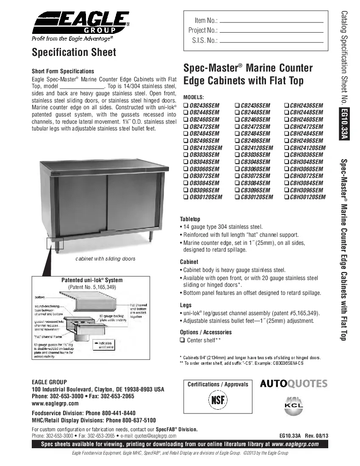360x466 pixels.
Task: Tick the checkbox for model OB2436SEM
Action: (x=186, y=105)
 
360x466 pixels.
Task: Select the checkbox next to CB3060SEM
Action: (x=236, y=169)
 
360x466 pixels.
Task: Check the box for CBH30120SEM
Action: (x=287, y=197)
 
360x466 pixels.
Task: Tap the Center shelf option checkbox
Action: (x=183, y=341)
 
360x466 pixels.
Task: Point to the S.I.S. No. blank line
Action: (x=271, y=41)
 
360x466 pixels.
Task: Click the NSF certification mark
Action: (x=217, y=400)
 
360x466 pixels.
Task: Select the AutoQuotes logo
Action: (x=294, y=384)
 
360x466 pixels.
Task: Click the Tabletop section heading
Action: (x=190, y=219)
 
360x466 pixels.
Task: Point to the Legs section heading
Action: (x=186, y=305)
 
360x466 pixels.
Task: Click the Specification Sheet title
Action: (x=74, y=53)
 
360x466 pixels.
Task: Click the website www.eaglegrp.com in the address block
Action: (x=55, y=403)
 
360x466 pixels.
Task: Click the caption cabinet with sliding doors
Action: (x=105, y=258)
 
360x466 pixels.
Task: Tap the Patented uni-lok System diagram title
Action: (x=92, y=280)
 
